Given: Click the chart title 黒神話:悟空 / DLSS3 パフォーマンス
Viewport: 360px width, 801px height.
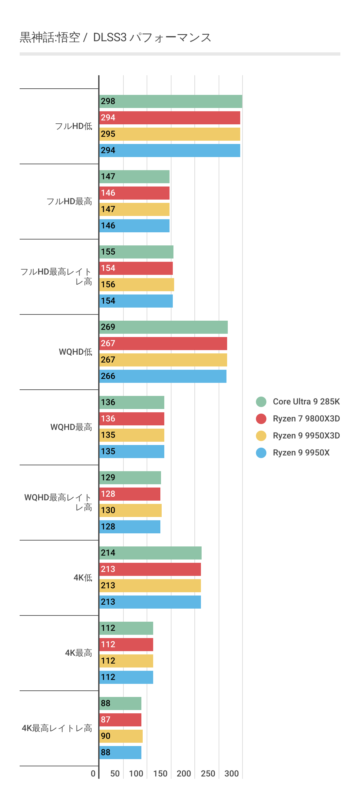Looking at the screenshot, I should pos(115,38).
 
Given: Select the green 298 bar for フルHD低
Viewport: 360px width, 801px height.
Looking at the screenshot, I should pos(171,101).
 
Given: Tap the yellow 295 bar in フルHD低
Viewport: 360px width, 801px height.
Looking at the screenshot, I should pos(170,134).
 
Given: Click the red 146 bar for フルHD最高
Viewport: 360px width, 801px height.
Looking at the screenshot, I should pos(134,193).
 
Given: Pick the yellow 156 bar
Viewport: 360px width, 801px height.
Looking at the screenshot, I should pos(136,285).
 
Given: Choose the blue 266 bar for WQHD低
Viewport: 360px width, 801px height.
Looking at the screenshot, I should pos(163,376).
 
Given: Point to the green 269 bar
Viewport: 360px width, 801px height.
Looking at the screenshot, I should pos(163,327).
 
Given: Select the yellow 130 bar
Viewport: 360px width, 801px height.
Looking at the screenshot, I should pos(130,510).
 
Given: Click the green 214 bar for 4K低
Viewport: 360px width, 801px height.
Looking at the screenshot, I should pos(150,553).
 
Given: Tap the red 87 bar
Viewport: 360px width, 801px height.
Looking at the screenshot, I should pos(120,720).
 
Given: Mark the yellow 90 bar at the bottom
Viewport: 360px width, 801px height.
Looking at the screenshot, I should pos(121,736).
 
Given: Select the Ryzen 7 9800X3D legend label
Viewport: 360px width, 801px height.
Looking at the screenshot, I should pos(306,418).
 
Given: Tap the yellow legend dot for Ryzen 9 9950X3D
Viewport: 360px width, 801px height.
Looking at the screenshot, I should pos(261,436).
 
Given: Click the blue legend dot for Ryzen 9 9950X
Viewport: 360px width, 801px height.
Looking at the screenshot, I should pos(261,453).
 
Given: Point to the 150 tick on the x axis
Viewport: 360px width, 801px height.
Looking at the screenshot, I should pos(160,774).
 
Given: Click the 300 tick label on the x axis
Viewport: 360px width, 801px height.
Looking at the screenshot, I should pos(231,774).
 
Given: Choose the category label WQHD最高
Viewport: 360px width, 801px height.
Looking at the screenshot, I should pos(71,427).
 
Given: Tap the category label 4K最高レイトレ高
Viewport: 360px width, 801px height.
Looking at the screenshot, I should pos(57,728).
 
